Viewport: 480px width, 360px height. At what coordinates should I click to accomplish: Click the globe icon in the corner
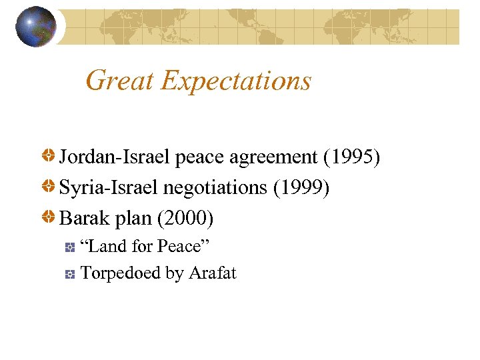point(36,27)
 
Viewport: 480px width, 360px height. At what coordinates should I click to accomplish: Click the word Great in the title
point(120,81)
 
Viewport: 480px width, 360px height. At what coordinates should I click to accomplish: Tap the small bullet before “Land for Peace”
point(70,248)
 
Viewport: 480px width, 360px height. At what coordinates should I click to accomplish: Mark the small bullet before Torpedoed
point(70,274)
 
